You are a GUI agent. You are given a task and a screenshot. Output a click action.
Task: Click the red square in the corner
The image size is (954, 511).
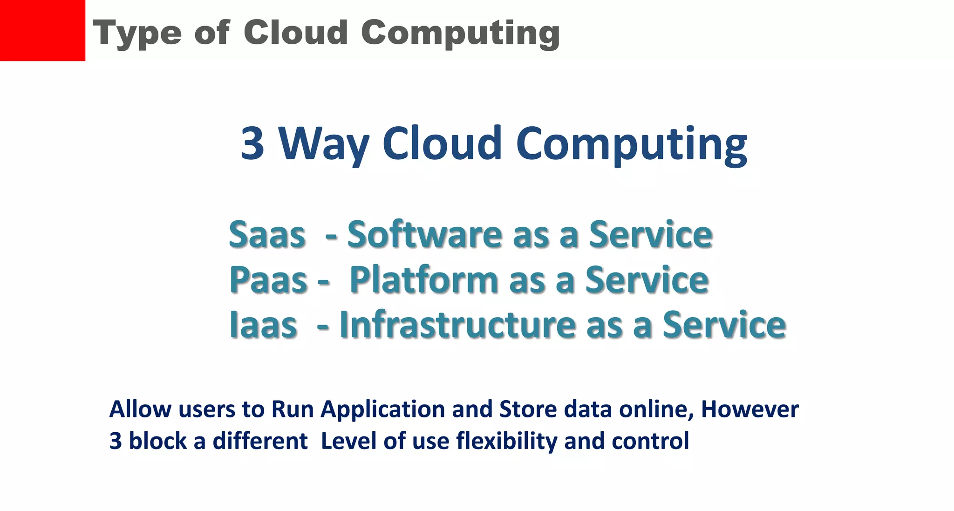[x=42, y=30]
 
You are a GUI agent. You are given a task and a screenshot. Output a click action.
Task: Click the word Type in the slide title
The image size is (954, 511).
[x=136, y=34]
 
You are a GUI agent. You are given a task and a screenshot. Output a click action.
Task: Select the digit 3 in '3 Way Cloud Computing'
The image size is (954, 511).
[x=252, y=143]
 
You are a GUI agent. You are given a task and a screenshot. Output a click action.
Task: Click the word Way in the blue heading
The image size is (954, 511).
[x=324, y=144]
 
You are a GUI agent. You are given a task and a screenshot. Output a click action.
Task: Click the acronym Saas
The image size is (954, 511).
[x=267, y=234]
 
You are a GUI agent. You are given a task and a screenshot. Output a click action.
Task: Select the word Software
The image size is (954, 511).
[x=424, y=234]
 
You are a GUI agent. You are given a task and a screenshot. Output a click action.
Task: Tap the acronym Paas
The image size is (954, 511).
[x=268, y=280]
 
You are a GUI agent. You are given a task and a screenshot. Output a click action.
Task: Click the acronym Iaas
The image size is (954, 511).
[x=263, y=325]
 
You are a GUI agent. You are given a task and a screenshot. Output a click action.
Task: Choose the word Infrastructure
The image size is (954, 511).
[x=457, y=325]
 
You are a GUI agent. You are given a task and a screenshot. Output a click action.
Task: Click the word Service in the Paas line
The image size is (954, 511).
[x=647, y=280]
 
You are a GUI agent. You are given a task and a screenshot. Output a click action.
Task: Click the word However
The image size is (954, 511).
[x=750, y=409]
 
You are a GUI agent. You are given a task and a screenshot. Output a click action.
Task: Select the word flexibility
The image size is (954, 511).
[x=506, y=441]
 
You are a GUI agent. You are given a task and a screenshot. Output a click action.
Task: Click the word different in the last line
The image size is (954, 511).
[x=260, y=441]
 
